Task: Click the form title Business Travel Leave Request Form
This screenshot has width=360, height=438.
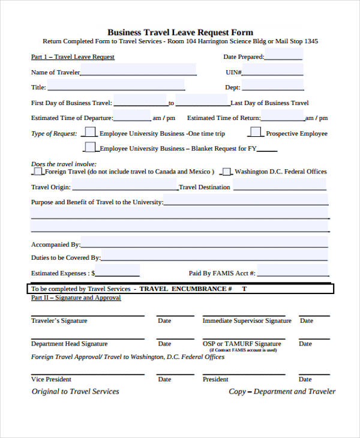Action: click(180, 32)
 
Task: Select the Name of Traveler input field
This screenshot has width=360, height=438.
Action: click(137, 71)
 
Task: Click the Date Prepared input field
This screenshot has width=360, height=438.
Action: click(284, 56)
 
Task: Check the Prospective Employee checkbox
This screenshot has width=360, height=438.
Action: click(256, 132)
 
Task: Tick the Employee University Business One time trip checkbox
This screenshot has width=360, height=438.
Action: click(90, 132)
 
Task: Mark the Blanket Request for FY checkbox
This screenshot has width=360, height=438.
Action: click(90, 147)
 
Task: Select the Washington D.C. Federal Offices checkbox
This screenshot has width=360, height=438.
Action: click(227, 172)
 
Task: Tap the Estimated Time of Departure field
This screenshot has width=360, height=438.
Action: click(131, 117)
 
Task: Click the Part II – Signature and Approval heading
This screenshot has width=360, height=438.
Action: click(76, 298)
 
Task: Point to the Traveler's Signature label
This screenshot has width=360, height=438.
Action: click(59, 321)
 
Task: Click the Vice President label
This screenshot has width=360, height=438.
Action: click(51, 379)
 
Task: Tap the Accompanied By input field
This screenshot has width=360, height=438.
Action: click(204, 244)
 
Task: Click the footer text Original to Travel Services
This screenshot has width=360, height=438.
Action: click(75, 391)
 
